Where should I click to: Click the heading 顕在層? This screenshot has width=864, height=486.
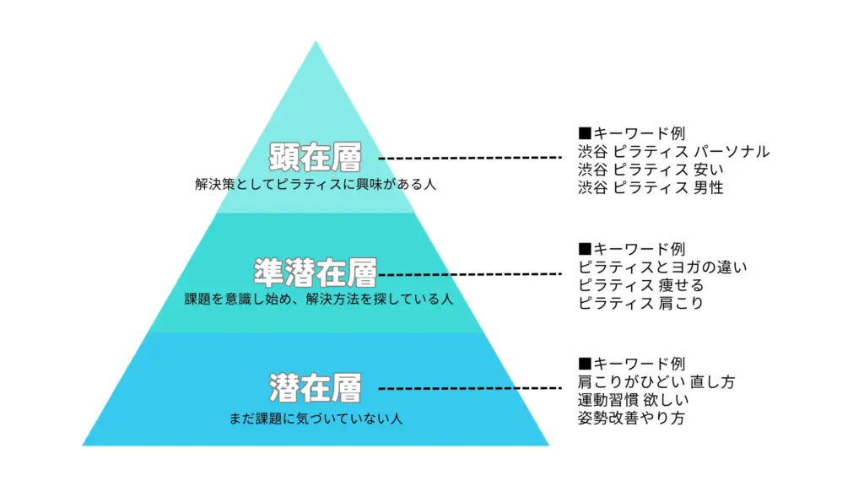pos(316,158)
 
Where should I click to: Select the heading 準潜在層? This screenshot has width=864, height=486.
pos(316,273)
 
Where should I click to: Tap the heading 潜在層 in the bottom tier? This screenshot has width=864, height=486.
pos(316,388)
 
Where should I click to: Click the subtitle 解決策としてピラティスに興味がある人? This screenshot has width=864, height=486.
pos(316,183)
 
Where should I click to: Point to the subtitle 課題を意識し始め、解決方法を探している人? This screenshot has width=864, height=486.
pos(319,299)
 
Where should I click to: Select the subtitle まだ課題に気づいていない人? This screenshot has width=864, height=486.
pos(316,418)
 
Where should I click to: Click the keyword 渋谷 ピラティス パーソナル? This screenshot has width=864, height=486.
pos(673,152)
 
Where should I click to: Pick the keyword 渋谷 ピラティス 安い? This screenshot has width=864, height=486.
pos(651,170)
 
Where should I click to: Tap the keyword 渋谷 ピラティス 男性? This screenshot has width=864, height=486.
pos(651,187)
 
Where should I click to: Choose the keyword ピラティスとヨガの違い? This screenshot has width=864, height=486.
pos(662,267)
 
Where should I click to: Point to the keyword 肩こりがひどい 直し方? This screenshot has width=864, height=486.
pos(656,382)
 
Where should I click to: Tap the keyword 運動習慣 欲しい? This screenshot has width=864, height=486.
pos(634,400)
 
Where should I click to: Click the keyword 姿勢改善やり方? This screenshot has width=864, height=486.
pos(631,418)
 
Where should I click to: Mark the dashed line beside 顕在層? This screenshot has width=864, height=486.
pos(470,158)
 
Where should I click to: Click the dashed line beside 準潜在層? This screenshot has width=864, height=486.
pos(470,273)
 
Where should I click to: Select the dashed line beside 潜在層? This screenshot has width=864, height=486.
pos(470,388)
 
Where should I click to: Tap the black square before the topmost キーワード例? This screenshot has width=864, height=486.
pos(585,133)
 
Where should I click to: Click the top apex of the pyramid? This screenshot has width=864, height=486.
pos(316,42)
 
